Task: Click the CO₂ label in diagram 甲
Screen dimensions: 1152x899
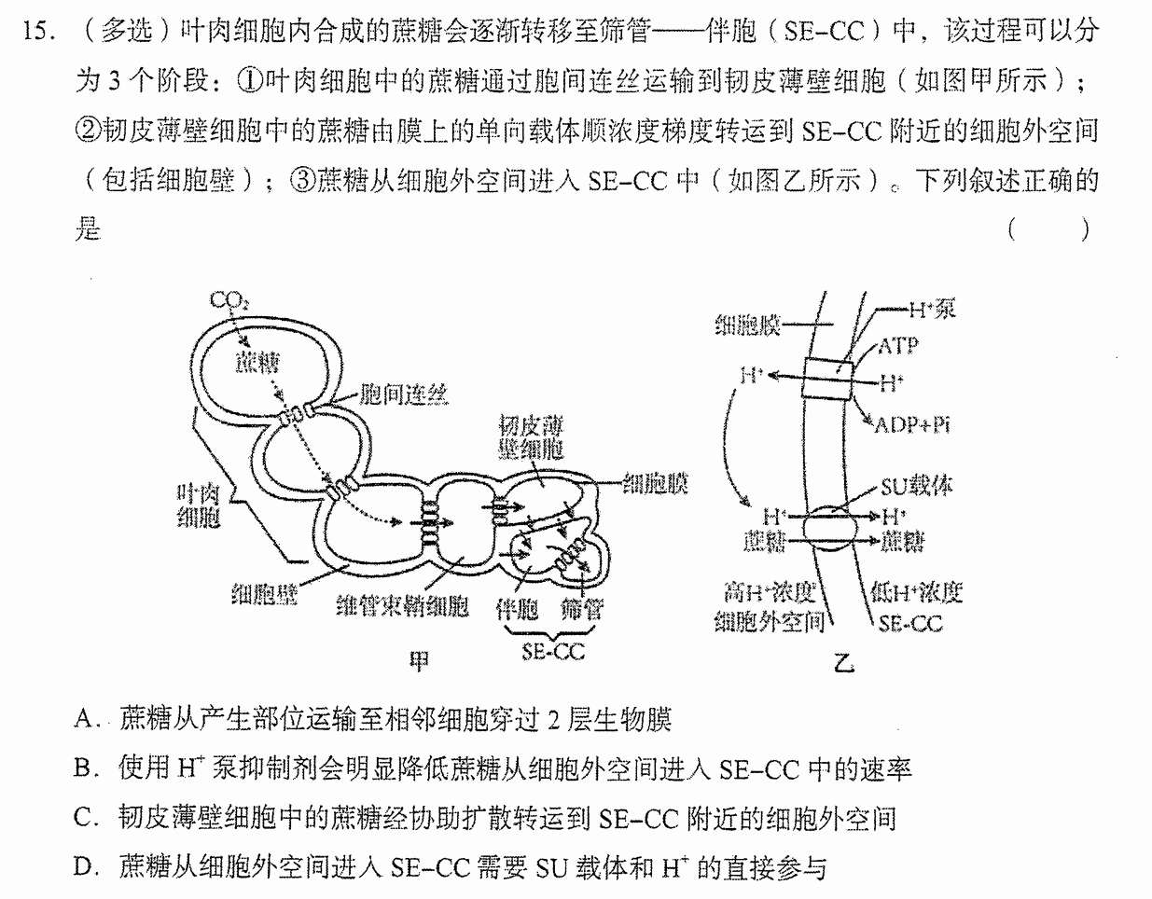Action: tap(229, 300)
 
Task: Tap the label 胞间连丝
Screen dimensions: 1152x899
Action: tap(404, 394)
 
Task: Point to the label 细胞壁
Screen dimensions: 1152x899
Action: tap(264, 594)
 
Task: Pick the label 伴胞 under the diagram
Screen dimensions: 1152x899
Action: tap(517, 609)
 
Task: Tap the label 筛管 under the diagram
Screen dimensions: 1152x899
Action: tap(581, 609)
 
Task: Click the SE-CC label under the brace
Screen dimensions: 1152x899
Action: tap(553, 652)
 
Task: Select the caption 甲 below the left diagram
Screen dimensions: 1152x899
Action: tap(420, 660)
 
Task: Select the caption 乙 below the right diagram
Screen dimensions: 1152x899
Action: tap(844, 662)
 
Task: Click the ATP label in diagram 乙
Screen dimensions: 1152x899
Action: tap(898, 346)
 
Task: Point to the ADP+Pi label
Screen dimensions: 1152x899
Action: tap(911, 425)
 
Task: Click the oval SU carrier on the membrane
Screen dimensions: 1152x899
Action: tap(829, 528)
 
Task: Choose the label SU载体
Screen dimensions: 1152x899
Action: tap(916, 486)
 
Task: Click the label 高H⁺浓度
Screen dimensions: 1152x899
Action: tap(770, 592)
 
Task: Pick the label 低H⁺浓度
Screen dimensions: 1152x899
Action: tap(917, 592)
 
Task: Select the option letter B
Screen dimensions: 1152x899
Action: tap(86, 768)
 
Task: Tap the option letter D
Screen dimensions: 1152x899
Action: tap(86, 867)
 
